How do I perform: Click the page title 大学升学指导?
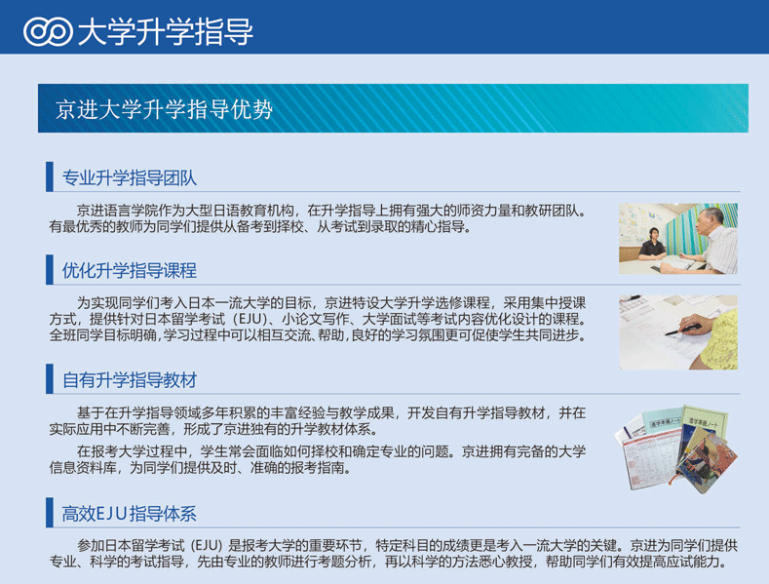pyautogui.click(x=166, y=32)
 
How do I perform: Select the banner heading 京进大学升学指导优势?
pyautogui.click(x=164, y=109)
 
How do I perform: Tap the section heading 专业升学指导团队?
pyautogui.click(x=130, y=177)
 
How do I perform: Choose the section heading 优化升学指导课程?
pyautogui.click(x=130, y=270)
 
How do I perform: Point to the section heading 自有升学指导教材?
pyautogui.click(x=130, y=380)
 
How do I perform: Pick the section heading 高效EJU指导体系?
pyautogui.click(x=129, y=514)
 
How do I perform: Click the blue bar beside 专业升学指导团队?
pyautogui.click(x=50, y=176)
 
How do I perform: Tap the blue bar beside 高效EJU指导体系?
pyautogui.click(x=50, y=513)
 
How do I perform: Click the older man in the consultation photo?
pyautogui.click(x=716, y=241)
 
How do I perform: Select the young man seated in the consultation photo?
pyautogui.click(x=652, y=245)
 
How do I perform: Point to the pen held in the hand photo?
pyautogui.click(x=682, y=330)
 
